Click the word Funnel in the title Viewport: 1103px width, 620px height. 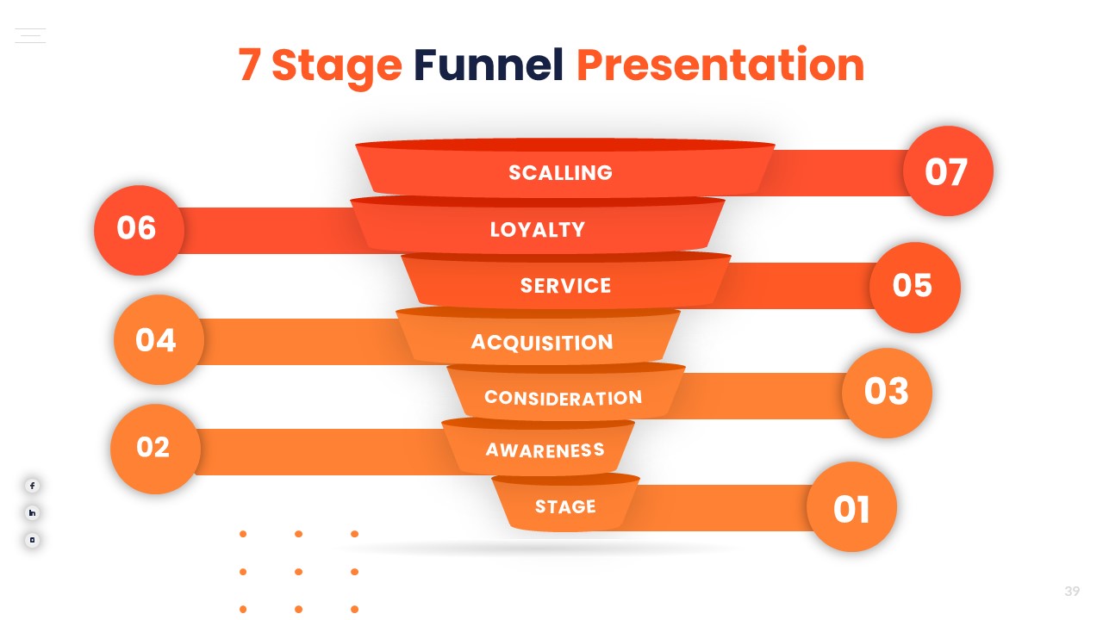pos(488,65)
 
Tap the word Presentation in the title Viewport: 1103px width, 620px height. pos(720,65)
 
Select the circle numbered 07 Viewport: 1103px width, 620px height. pos(948,171)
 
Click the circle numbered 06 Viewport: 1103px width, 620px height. pos(138,229)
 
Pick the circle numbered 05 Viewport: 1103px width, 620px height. pos(914,287)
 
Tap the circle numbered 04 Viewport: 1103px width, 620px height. pos(158,340)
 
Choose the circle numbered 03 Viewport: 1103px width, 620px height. pos(887,392)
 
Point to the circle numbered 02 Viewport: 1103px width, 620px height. pos(154,448)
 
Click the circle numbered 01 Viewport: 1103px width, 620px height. pos(851,508)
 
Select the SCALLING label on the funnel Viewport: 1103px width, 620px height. pos(560,172)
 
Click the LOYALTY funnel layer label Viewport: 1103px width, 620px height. pos(538,229)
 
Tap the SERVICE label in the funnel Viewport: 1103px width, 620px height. pos(565,285)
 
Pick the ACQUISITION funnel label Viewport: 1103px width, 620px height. pos(542,342)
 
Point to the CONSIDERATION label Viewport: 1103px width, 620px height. pos(563,397)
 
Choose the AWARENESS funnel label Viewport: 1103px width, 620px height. pos(545,449)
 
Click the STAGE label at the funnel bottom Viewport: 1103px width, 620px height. pos(565,506)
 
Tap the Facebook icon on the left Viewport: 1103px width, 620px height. pos(32,486)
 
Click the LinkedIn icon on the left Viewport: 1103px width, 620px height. pos(32,513)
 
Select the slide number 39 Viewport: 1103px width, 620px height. pos(1072,591)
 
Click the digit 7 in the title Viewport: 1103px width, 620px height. pos(249,65)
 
